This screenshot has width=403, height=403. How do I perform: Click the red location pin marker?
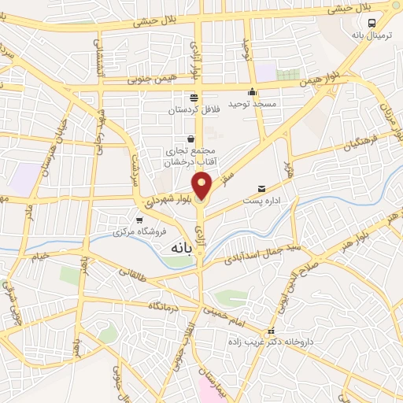point(202,187)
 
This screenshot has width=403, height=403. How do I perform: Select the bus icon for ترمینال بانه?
point(372,23)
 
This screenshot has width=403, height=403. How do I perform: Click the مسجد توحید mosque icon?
point(252,91)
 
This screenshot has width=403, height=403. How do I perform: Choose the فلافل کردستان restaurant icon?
point(194,98)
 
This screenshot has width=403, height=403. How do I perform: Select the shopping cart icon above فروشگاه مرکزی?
point(139,220)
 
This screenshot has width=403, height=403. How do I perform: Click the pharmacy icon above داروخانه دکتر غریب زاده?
point(272,331)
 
